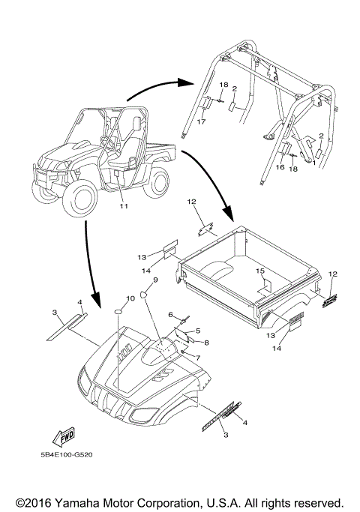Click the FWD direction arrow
click(x=64, y=437)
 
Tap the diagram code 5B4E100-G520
click(x=66, y=454)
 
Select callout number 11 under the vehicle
click(x=124, y=206)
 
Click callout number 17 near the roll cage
click(x=201, y=121)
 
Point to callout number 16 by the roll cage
click(x=280, y=167)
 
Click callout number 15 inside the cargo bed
click(x=260, y=271)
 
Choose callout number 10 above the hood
click(x=130, y=298)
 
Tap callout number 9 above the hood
click(x=155, y=280)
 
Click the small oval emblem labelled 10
click(x=118, y=312)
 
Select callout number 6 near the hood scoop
click(x=170, y=314)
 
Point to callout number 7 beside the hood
click(x=198, y=358)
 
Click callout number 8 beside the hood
click(x=206, y=343)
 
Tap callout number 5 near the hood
click(x=198, y=331)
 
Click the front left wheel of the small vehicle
click(x=79, y=200)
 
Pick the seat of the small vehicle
click(x=124, y=154)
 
